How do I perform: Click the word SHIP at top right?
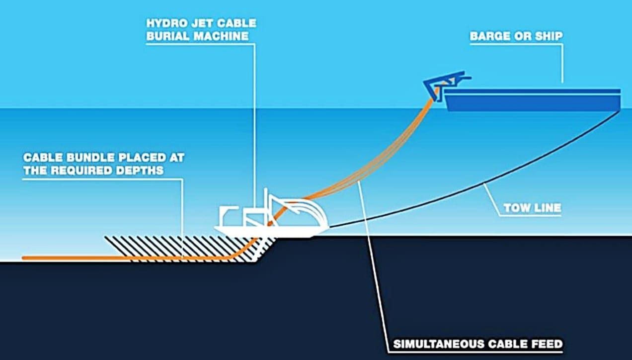pyautogui.click(x=549, y=36)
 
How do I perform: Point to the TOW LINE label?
pyautogui.click(x=532, y=208)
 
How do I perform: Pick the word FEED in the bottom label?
pyautogui.click(x=547, y=344)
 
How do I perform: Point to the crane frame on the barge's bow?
pyautogui.click(x=445, y=85)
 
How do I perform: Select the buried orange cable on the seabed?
pyautogui.click(x=127, y=258)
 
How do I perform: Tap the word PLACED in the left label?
pyautogui.click(x=143, y=158)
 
